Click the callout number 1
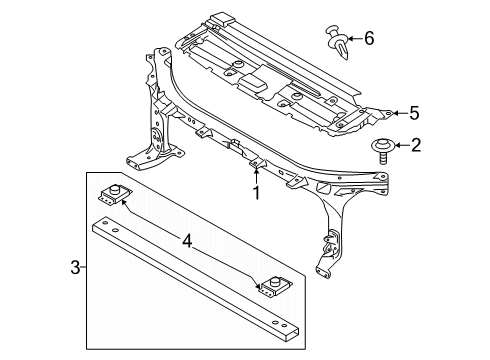click(256, 193)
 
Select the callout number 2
click(416, 145)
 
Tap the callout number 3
click(75, 267)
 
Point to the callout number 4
click(187, 241)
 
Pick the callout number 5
click(414, 113)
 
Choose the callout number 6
click(369, 38)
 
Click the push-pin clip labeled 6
click(337, 42)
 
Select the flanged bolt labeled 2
click(383, 151)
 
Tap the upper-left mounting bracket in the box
click(115, 194)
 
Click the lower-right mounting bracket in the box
click(276, 287)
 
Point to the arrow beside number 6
click(355, 39)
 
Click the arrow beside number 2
click(402, 145)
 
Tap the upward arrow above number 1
click(256, 176)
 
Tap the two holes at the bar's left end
click(110, 226)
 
